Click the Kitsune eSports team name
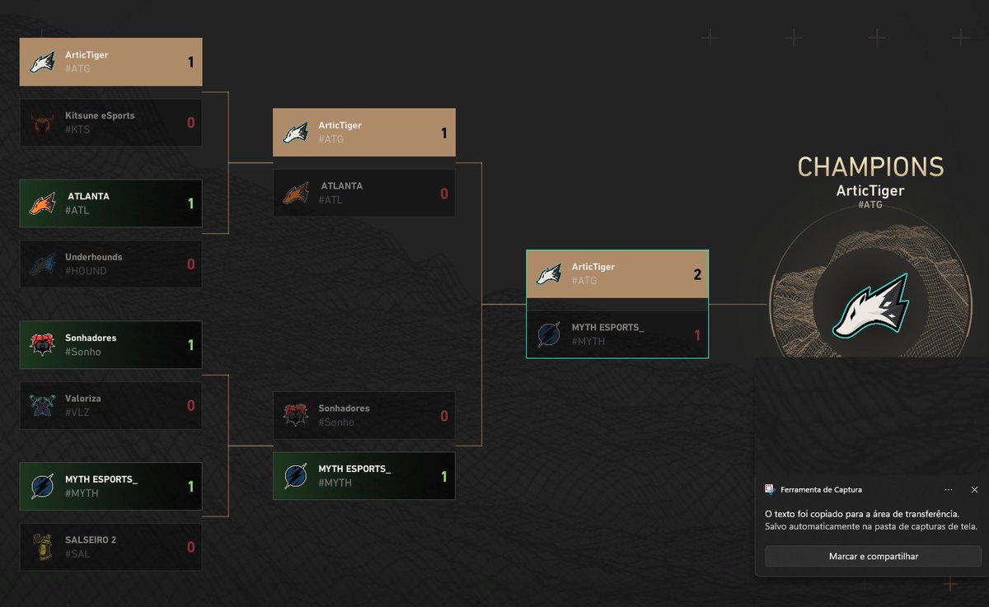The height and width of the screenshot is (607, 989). point(100,115)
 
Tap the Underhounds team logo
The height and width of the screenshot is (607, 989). point(43,264)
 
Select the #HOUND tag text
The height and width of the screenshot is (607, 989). point(86,271)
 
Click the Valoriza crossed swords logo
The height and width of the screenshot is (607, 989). point(42,405)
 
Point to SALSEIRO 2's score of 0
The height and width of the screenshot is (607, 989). point(190,547)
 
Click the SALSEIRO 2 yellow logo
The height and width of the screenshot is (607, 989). point(42,547)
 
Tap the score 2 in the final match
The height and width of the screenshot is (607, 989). point(697,274)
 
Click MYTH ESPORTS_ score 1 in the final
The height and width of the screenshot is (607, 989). point(697,335)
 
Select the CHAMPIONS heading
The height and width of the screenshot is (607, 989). point(870,167)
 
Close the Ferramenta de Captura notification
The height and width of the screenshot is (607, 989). point(974,490)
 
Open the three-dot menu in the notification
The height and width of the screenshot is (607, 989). point(949,490)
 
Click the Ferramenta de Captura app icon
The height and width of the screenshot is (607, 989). point(770,489)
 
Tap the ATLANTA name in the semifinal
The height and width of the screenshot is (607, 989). point(342,185)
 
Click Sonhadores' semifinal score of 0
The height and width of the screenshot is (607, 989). point(444,416)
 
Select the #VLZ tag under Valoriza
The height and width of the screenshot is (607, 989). point(77,413)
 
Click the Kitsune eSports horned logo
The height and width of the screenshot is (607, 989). point(42,122)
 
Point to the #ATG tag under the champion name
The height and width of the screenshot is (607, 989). point(870,205)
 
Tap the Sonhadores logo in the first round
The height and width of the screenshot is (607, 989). point(42,344)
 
